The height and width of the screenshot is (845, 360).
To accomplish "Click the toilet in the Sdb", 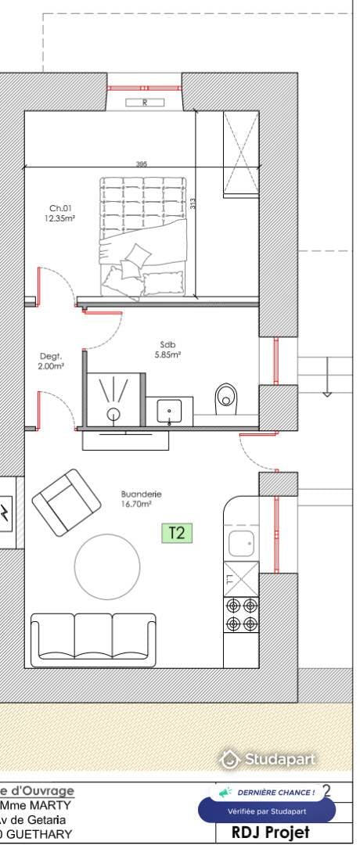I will click(225, 399).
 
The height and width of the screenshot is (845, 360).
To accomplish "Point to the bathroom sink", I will click(169, 411).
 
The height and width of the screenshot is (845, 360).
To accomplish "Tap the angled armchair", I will click(67, 502).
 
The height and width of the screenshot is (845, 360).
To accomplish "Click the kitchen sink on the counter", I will click(240, 541).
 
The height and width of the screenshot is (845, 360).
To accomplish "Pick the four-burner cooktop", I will click(241, 614).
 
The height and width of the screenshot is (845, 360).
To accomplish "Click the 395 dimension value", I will click(142, 164).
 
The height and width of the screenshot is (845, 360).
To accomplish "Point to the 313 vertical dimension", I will click(192, 203).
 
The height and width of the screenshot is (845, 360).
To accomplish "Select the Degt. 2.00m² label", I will click(52, 361).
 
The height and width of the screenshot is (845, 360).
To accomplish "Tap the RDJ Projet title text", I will click(270, 832).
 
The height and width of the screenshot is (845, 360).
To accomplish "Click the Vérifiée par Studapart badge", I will click(266, 811).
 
